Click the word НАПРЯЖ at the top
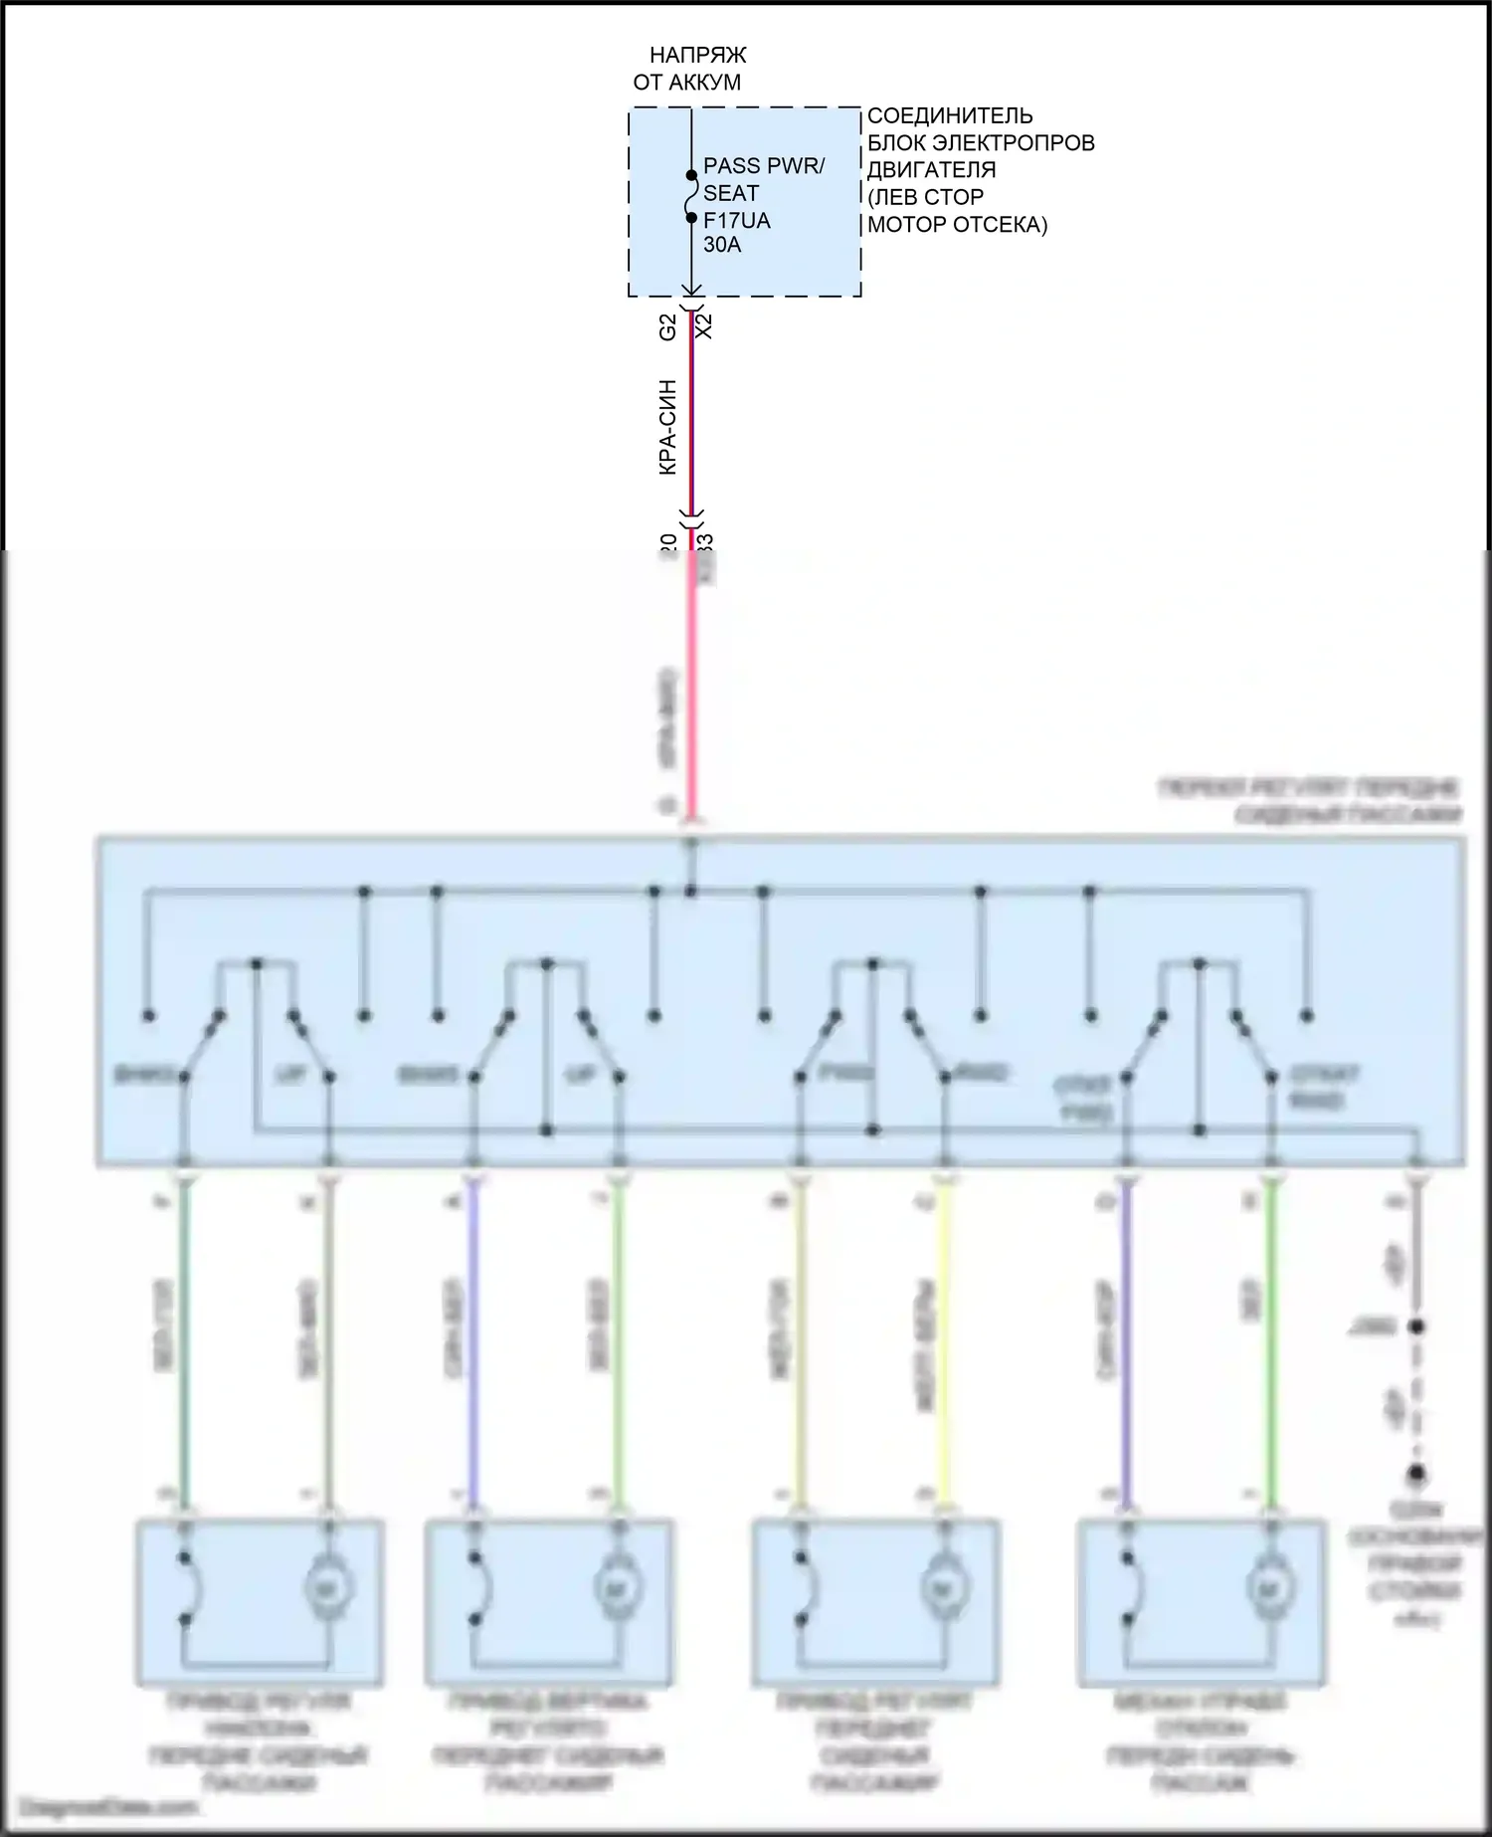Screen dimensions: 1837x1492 point(697,55)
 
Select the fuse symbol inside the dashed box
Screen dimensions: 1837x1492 point(691,196)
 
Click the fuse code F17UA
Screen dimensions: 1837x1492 point(736,220)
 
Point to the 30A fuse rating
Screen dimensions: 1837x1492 point(722,245)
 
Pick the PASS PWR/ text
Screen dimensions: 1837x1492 point(764,166)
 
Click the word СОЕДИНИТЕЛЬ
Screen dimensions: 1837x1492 point(950,115)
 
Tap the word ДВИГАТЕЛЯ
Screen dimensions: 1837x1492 point(931,169)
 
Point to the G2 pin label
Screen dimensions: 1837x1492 point(668,326)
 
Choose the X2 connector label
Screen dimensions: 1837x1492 point(704,325)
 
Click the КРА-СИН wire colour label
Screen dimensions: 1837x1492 point(668,427)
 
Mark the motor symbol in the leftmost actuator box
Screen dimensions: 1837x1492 point(325,1588)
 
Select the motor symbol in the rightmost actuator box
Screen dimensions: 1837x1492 point(1268,1588)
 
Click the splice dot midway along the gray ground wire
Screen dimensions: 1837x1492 point(1416,1327)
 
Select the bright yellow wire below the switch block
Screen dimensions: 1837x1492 point(946,1343)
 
